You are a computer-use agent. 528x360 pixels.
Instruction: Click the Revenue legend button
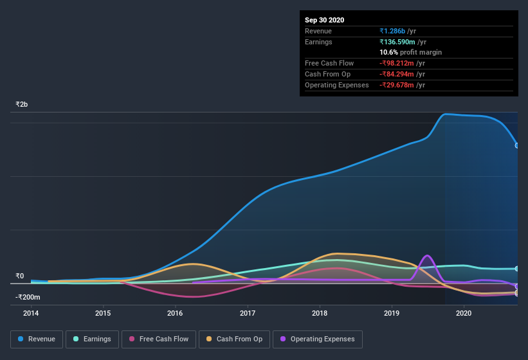(37, 339)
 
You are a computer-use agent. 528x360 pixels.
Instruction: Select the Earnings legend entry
(92, 339)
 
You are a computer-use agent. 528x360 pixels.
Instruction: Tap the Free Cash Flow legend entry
(158, 339)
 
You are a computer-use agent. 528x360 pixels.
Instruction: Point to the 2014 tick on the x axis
(31, 313)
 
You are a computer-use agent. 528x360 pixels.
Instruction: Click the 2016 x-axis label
(175, 313)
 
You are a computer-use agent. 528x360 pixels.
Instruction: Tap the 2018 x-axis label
(320, 313)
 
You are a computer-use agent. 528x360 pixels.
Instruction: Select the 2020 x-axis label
(464, 313)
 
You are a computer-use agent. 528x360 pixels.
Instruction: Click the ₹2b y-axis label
(22, 104)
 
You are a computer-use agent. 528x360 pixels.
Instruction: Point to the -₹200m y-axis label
(28, 297)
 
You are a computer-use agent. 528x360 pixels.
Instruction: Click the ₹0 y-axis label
(19, 276)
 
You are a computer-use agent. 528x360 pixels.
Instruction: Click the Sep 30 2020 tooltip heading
(324, 20)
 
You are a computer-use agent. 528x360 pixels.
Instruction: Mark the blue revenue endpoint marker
(518, 145)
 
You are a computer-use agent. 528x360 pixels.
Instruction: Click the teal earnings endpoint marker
(518, 269)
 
